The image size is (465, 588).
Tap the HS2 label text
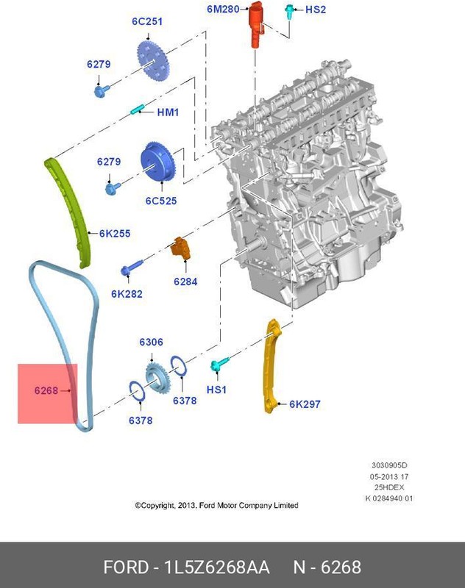click(315, 10)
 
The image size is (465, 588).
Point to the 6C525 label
click(161, 201)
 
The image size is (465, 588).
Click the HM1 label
click(168, 112)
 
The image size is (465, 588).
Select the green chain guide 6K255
click(71, 209)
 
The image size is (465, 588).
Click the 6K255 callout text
click(115, 234)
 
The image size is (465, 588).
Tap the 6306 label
click(152, 343)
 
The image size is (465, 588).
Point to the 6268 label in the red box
click(46, 391)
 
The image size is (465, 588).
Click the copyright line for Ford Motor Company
click(216, 505)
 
